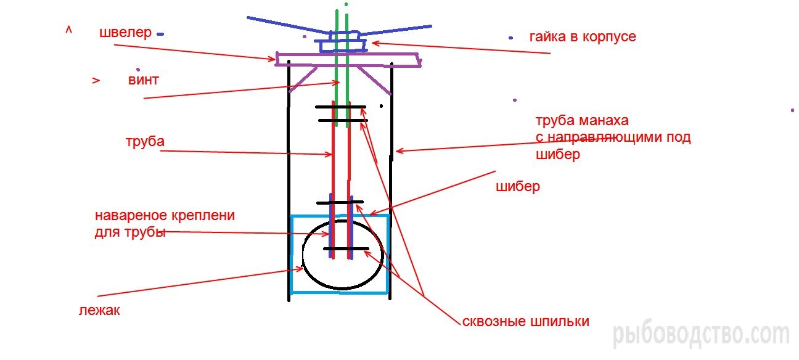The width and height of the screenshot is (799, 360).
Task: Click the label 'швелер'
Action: click(x=125, y=33)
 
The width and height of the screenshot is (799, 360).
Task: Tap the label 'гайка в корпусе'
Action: click(x=582, y=37)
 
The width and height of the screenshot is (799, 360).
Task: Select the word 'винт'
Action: click(x=144, y=80)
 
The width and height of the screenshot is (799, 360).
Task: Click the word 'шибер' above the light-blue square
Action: click(x=517, y=186)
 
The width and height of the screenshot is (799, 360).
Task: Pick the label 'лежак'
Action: click(x=99, y=311)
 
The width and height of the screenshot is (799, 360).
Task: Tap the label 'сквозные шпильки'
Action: click(x=525, y=322)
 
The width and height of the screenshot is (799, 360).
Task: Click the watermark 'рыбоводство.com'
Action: click(x=701, y=335)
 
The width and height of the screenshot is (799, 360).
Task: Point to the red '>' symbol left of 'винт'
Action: click(x=96, y=81)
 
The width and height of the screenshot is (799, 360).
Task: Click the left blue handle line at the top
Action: click(x=284, y=24)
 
